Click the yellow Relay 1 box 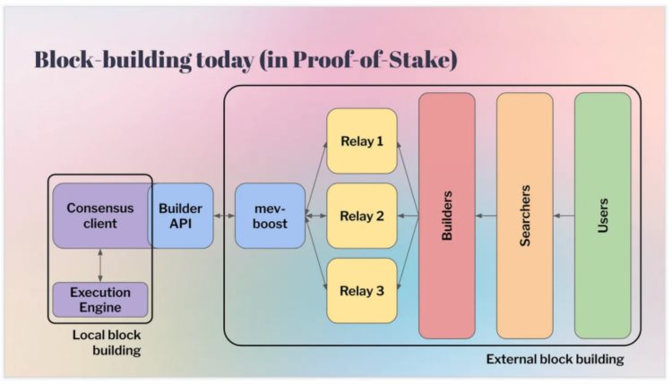361,141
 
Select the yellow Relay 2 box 361,216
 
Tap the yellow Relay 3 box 361,290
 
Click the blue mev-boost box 270,216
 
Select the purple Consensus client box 99,216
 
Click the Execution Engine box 99,300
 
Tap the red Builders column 446,216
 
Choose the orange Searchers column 525,216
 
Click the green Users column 602,216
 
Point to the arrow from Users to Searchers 564,216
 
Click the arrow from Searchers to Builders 486,216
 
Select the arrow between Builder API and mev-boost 224,216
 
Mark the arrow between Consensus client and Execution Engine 99,265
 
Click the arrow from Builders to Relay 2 408,216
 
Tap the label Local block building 107,343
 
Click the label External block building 555,359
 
